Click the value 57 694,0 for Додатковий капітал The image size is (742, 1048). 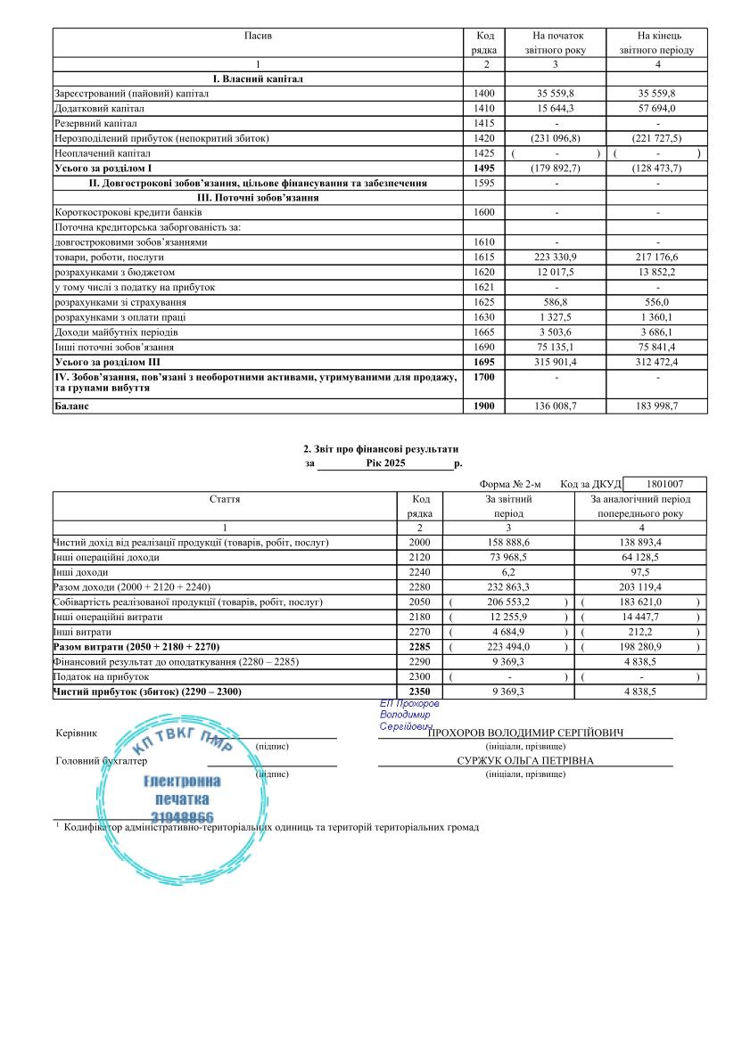click(x=657, y=109)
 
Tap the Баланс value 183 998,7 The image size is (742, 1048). click(x=657, y=406)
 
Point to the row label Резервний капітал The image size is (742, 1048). click(x=96, y=123)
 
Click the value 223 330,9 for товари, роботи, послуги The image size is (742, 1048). click(x=556, y=257)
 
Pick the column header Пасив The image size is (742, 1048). click(x=258, y=36)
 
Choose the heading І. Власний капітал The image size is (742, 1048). click(x=258, y=79)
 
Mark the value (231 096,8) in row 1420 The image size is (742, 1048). click(x=556, y=138)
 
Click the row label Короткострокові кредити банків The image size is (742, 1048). click(x=129, y=213)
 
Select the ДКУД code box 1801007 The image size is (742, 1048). click(x=664, y=483)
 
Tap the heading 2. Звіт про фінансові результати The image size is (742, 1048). click(x=381, y=448)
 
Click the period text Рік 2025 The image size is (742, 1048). click(x=385, y=463)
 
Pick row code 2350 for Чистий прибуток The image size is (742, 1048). click(x=419, y=692)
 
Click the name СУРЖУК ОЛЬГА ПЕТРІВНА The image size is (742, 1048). click(x=525, y=761)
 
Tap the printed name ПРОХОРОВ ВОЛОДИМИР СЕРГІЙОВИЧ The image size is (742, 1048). click(x=525, y=733)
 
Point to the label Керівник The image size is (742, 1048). click(x=76, y=733)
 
